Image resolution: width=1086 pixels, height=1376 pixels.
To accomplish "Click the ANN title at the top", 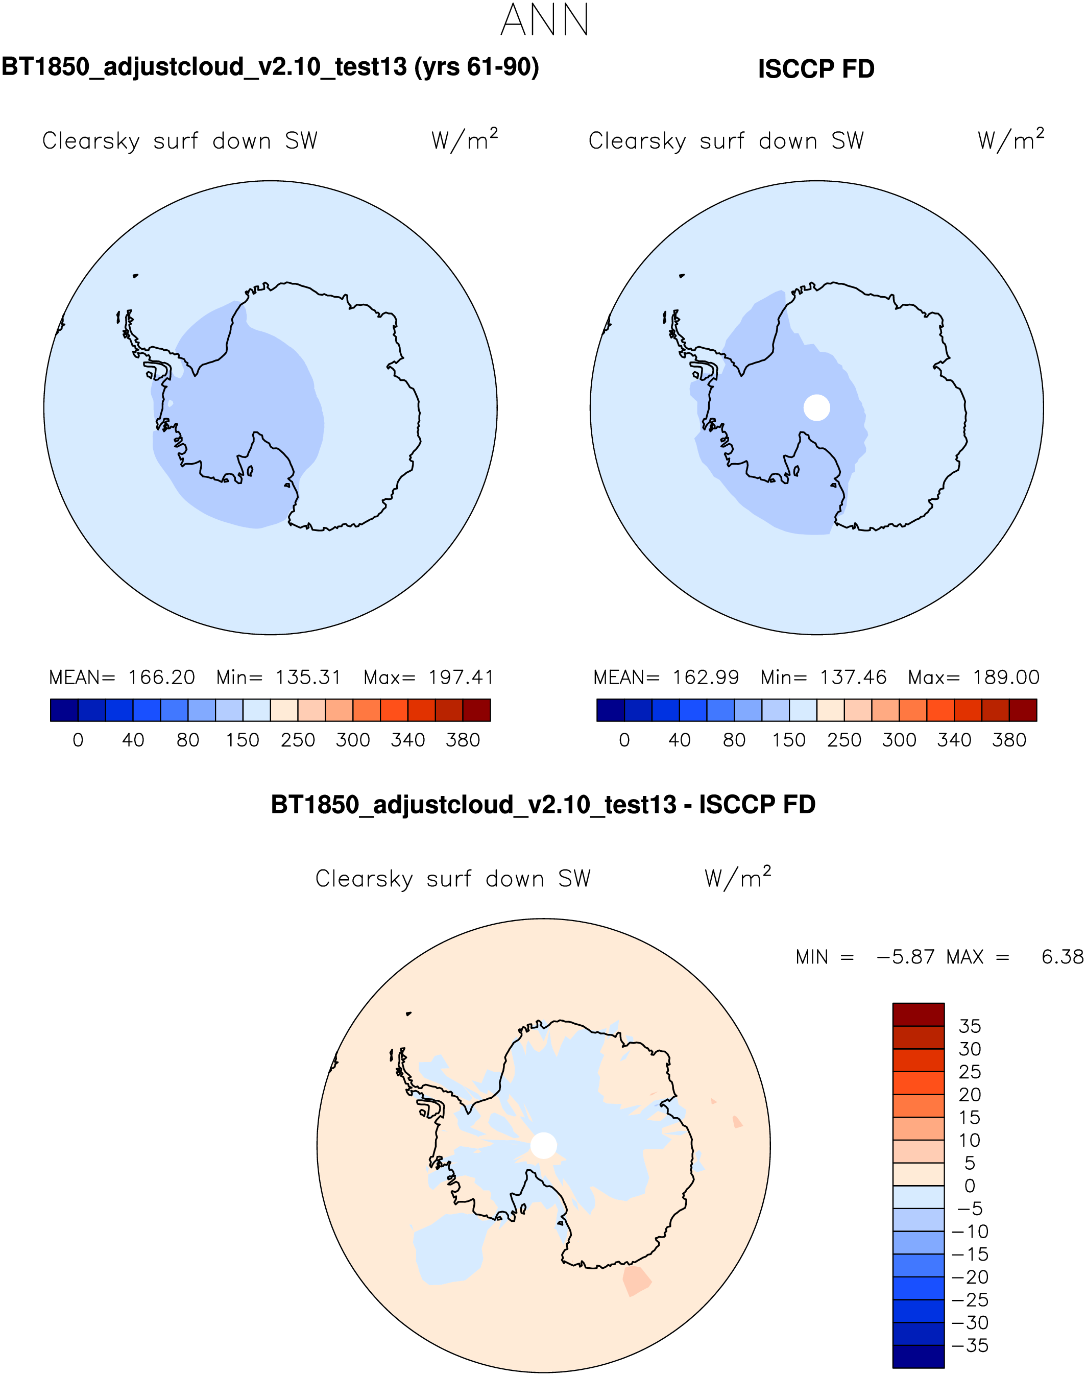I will [x=544, y=20].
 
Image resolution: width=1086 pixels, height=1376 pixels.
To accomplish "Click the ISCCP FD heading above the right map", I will [x=816, y=69].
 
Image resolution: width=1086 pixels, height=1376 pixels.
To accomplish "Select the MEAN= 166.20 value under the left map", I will [x=122, y=677].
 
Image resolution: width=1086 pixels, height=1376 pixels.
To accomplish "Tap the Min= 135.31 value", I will [x=278, y=677].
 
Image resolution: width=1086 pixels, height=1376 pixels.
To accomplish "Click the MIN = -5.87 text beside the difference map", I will [x=865, y=957].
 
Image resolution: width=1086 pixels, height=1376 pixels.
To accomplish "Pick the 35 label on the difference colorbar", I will [x=970, y=1026].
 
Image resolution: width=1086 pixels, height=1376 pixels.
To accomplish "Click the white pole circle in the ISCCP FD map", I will [x=816, y=407].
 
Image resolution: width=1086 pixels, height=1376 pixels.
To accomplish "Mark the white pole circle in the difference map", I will [x=544, y=1145].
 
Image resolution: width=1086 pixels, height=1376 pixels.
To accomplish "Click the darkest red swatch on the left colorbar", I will [x=476, y=710].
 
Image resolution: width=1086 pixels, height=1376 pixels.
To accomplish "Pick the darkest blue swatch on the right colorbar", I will [x=611, y=710].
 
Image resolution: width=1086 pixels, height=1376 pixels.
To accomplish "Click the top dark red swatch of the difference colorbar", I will [x=918, y=1014].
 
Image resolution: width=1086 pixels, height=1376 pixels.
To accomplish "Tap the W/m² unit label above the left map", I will [x=464, y=140].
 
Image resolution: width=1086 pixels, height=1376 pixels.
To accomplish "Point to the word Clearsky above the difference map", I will [x=364, y=879].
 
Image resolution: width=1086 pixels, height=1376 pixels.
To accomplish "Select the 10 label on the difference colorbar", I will [x=970, y=1140].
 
